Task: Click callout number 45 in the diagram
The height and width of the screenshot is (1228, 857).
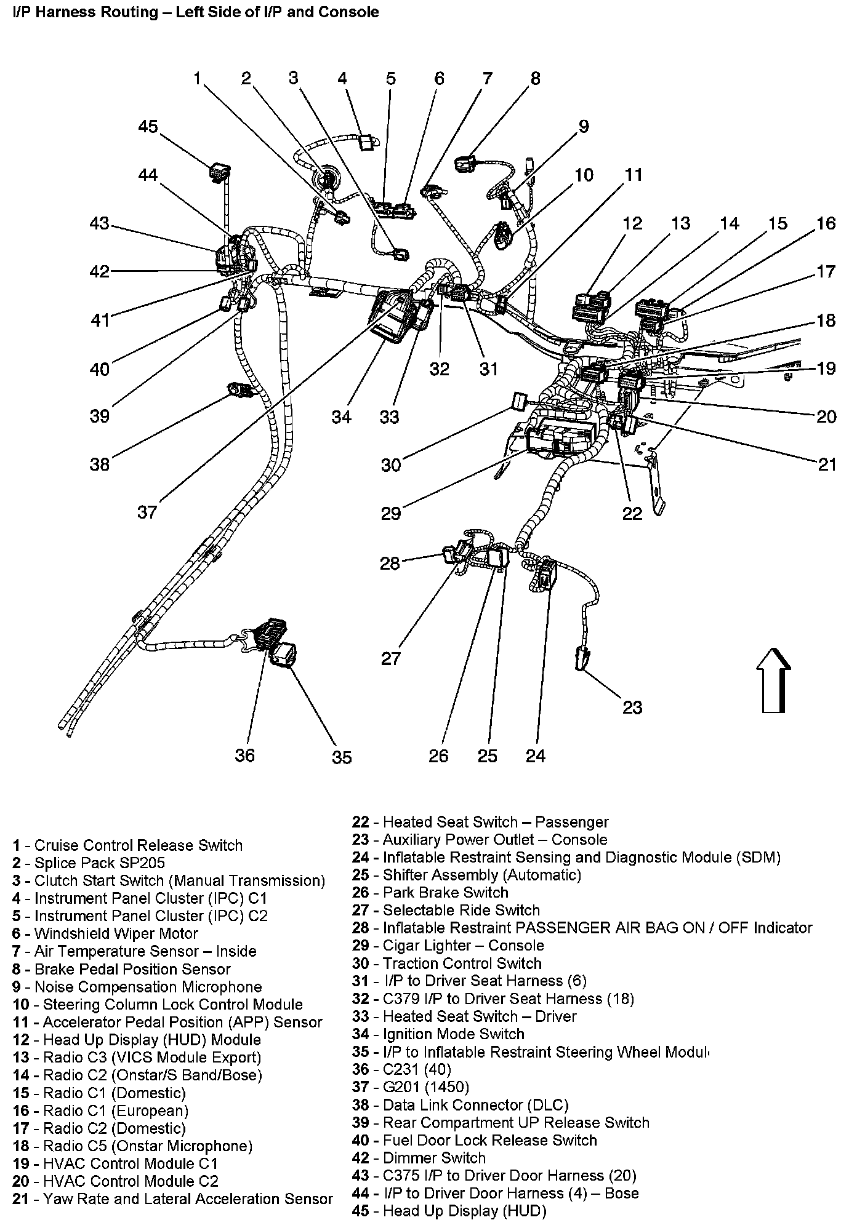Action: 148,127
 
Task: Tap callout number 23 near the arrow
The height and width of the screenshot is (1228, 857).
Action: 632,708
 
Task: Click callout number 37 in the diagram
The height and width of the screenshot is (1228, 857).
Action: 147,512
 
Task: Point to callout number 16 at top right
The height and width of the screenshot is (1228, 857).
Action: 826,223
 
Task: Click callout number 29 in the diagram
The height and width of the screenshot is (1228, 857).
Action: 391,512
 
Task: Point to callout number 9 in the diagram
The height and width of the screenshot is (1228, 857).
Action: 583,126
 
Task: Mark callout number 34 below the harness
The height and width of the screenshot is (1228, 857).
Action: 341,417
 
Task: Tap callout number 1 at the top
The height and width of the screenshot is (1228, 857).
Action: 196,78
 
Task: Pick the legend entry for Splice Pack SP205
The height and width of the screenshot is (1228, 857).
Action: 89,863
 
